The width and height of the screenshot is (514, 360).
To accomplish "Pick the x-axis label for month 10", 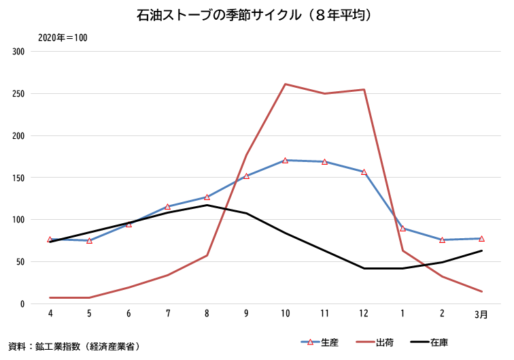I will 285,314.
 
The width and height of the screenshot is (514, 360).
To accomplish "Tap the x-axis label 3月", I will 481,314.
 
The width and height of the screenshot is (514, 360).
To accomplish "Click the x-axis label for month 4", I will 50,314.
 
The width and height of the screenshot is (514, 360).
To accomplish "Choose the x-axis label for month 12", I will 364,314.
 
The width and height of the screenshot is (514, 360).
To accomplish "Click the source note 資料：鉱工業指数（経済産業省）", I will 74,346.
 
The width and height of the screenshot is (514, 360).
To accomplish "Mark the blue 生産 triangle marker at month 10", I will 285,161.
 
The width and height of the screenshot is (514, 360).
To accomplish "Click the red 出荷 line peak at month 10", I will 285,84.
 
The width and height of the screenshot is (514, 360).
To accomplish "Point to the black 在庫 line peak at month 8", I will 207,205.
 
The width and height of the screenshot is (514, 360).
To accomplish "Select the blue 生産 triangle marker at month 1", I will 403,229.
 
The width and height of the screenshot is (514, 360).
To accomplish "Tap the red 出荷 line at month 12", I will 364,90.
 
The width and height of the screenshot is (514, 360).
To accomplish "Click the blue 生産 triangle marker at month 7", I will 167,207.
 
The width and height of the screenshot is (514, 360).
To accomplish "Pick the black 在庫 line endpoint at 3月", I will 481,250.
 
